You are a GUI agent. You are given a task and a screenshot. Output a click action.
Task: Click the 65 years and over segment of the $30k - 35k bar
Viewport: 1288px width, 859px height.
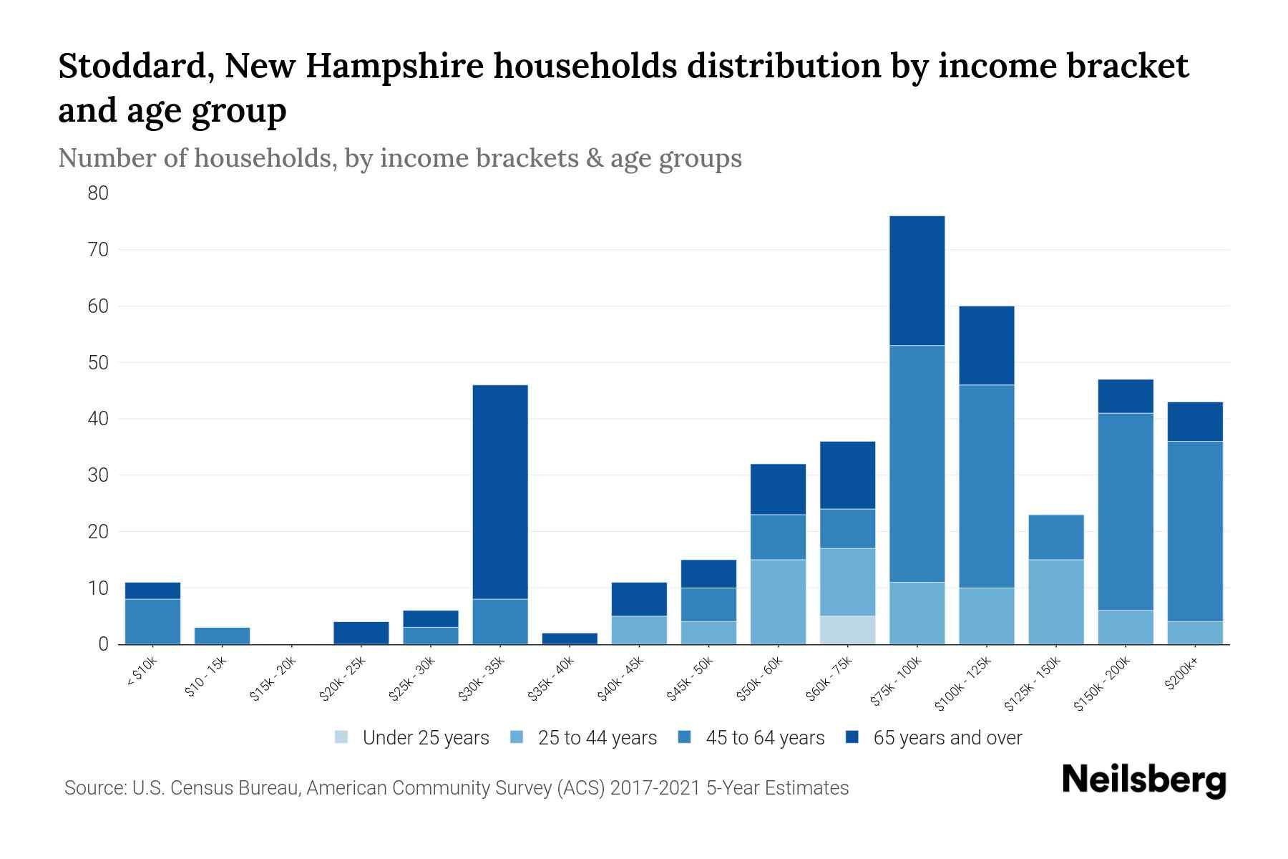(x=500, y=492)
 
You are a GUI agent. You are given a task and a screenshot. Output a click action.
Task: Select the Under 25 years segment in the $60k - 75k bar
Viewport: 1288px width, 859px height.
(x=847, y=630)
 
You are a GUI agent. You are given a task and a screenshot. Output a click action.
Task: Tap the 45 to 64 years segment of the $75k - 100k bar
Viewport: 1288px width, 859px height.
(x=917, y=464)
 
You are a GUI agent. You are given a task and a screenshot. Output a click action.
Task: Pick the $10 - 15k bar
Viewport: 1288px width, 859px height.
(x=222, y=636)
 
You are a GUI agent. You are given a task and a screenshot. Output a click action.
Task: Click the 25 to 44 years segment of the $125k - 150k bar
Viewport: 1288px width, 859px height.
(x=1055, y=601)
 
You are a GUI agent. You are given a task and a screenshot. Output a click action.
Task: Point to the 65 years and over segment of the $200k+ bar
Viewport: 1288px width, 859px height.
(x=1194, y=422)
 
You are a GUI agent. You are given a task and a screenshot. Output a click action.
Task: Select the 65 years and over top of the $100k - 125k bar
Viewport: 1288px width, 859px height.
(x=986, y=346)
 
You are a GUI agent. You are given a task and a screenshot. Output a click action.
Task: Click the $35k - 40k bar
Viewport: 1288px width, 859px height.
(x=570, y=639)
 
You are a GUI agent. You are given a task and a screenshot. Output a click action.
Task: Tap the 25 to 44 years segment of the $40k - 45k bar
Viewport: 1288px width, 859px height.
(x=639, y=630)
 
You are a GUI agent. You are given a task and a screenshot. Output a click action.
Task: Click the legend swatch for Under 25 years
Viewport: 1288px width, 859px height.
(x=342, y=737)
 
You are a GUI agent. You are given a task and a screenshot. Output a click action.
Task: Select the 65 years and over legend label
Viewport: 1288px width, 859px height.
(x=947, y=737)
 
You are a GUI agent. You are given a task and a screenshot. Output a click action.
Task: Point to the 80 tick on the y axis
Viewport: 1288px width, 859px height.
(x=98, y=193)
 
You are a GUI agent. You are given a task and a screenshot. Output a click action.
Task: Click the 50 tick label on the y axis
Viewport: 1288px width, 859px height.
(x=98, y=362)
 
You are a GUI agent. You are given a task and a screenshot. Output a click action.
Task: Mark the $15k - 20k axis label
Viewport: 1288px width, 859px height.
(x=273, y=679)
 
